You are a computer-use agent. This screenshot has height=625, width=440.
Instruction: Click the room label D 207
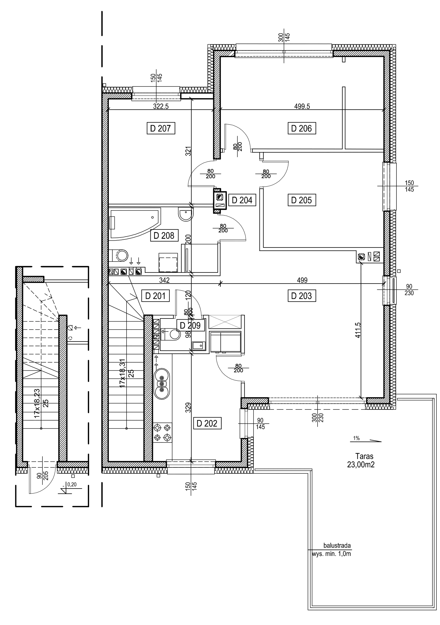click(x=161, y=129)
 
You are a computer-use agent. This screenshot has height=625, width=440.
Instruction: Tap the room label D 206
click(x=302, y=129)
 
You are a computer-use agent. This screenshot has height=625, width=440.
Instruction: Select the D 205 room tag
click(x=301, y=200)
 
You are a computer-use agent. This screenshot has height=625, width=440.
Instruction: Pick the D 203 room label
click(x=302, y=296)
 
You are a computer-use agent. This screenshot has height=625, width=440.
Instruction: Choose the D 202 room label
click(x=208, y=424)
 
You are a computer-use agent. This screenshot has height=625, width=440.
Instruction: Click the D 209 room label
click(x=190, y=325)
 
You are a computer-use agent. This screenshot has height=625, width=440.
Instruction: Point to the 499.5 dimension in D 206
click(x=302, y=106)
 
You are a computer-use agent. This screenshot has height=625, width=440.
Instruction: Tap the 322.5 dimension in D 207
click(x=161, y=106)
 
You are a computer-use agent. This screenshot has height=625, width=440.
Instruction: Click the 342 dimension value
click(x=164, y=280)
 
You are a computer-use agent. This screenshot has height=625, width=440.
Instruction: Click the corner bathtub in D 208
click(x=135, y=223)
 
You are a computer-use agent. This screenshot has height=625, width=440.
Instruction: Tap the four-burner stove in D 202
click(x=163, y=433)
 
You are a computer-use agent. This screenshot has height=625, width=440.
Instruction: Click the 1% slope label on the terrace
click(x=356, y=439)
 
